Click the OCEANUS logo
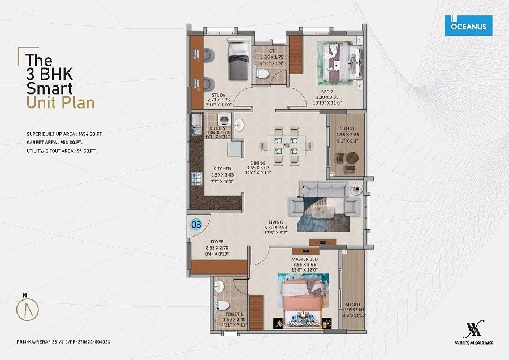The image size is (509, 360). (468, 25)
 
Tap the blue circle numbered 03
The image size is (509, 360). (196, 225)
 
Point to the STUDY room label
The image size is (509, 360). (218, 95)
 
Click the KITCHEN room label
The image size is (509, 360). (222, 169)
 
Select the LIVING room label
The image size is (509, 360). (275, 222)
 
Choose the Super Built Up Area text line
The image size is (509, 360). (65, 134)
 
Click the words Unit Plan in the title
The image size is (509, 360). (61, 102)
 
